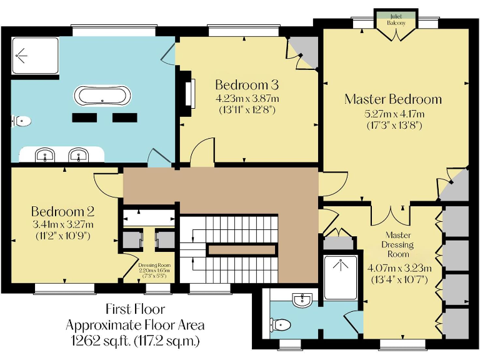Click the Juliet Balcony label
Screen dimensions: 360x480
(396, 19)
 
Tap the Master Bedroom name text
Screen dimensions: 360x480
(393, 99)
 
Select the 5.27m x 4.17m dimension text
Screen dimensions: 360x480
(394, 114)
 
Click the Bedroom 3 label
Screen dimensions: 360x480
(246, 84)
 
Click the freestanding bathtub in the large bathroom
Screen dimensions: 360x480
(103, 96)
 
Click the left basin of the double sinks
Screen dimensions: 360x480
(44, 154)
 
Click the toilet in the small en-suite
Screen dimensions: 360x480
(282, 325)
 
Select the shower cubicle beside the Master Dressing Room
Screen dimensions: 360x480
(341, 277)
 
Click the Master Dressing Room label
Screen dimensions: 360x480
(398, 244)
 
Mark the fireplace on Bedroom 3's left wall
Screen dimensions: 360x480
(187, 94)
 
